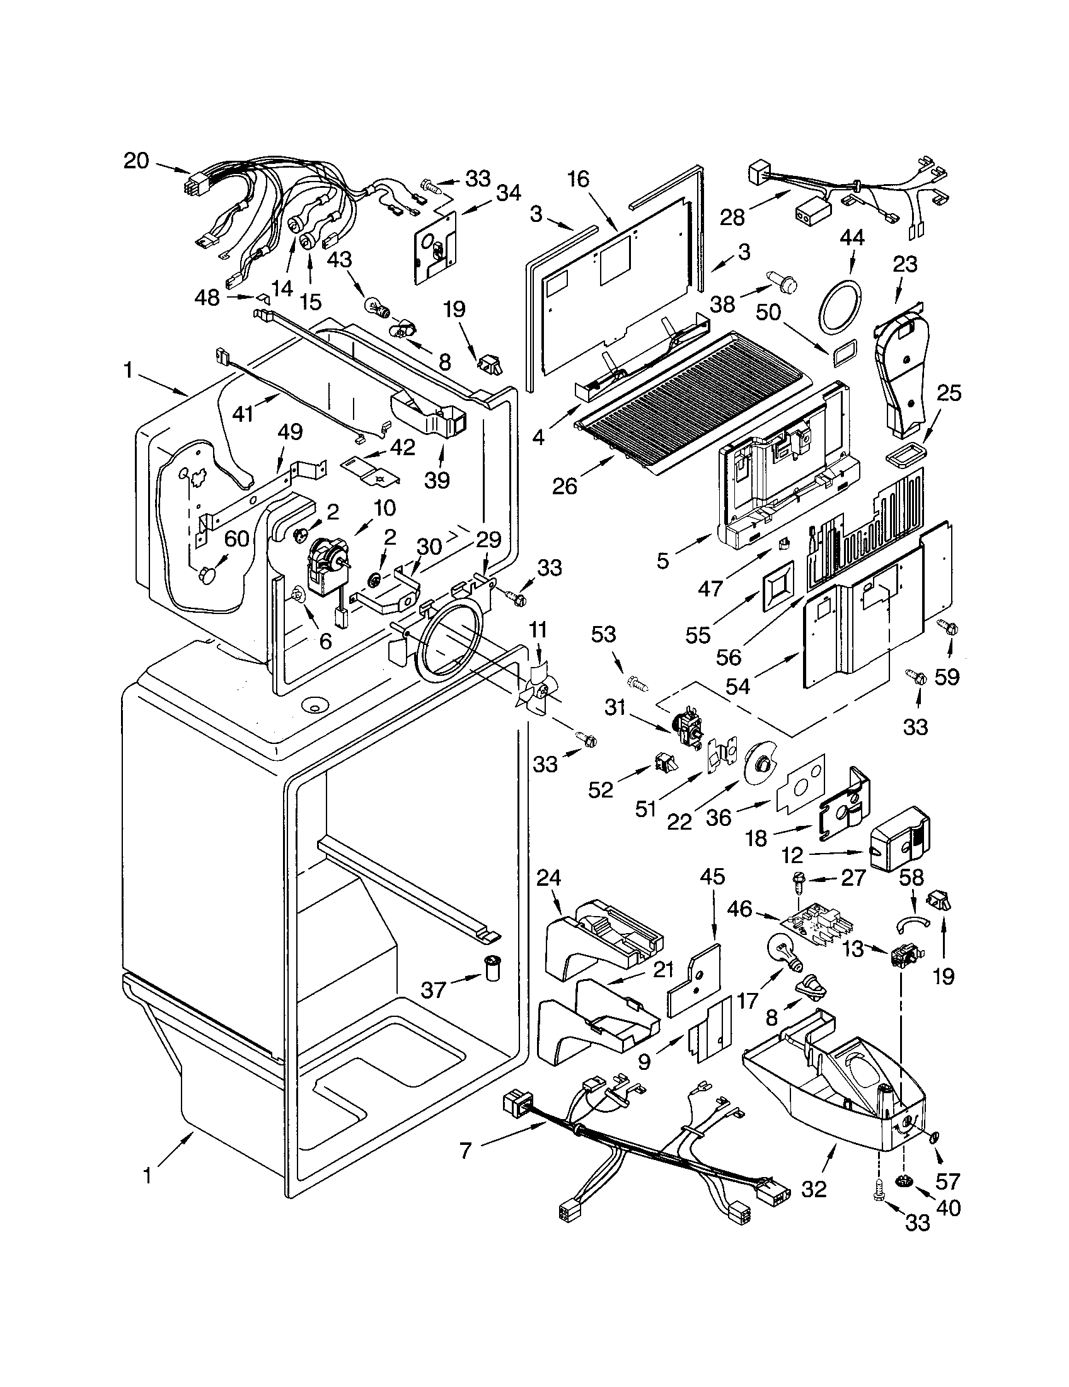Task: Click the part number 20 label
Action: [136, 161]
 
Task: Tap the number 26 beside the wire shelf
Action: [564, 487]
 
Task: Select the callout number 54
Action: [737, 687]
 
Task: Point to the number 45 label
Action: [712, 877]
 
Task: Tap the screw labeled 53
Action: [637, 683]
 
